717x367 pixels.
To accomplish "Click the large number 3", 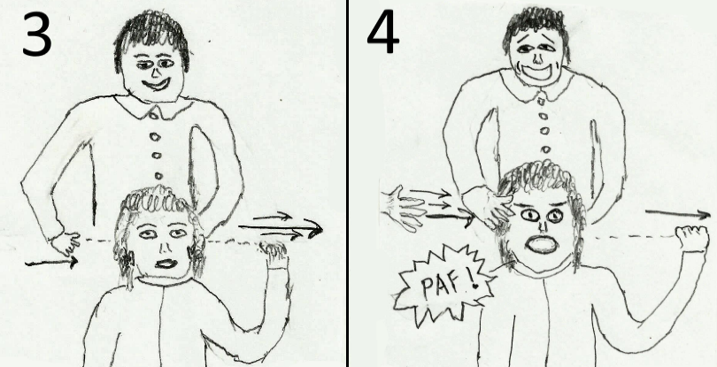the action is coord(36,34).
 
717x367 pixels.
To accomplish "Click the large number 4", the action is coord(382,31).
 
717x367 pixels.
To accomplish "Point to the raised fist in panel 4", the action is coord(692,239).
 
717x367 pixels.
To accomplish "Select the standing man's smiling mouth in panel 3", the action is coord(156,85).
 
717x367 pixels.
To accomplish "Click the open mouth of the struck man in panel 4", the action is coord(542,244).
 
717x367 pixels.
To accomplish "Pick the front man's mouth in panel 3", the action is coord(166,264).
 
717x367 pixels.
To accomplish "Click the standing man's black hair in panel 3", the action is coord(150,36).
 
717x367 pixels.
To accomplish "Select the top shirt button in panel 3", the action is coord(154,115).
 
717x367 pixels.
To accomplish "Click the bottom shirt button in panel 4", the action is coord(545,149).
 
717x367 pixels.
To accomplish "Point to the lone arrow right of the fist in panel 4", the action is coord(678,213).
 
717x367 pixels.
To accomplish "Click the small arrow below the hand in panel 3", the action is coord(51,263).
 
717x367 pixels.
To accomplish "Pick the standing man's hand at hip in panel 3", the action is coord(64,243).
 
